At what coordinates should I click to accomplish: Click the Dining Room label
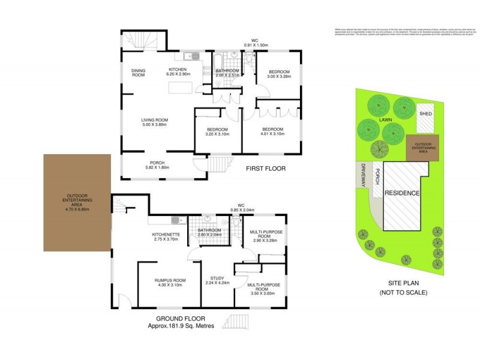[139, 73]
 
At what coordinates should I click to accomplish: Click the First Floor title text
[266, 169]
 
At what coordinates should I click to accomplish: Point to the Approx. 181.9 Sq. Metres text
[179, 326]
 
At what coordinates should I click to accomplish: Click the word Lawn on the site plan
[385, 119]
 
